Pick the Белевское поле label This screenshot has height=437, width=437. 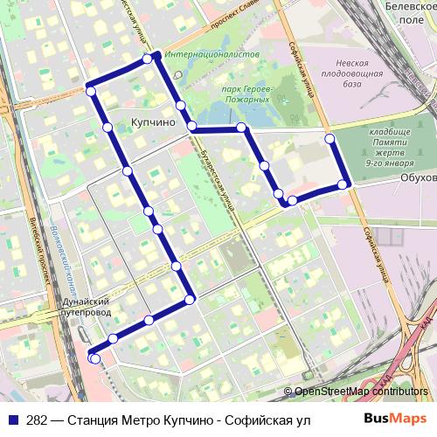pos(409,10)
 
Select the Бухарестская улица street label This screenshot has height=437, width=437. pos(215,174)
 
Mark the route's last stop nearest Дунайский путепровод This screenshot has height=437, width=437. pos(94,358)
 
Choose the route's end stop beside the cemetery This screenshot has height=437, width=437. pos(329,139)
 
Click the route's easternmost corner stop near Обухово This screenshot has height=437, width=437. pos(346,184)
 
